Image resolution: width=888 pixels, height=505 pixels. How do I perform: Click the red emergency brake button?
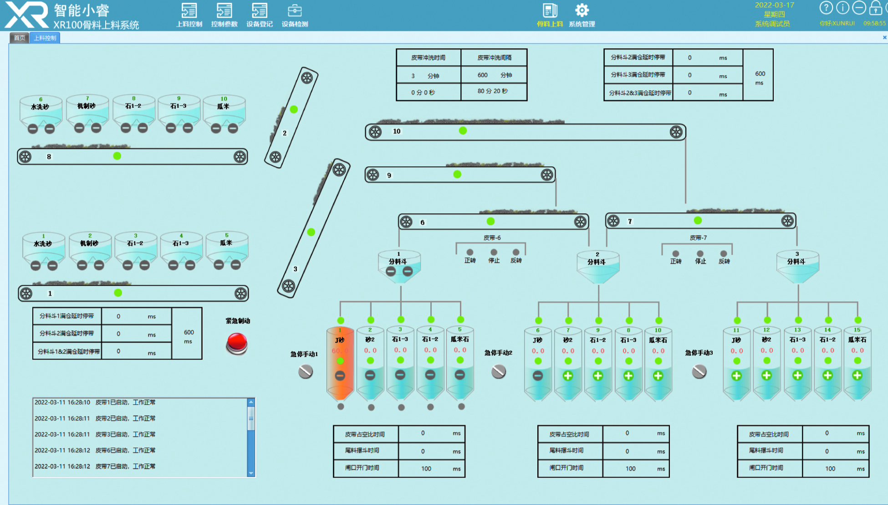pos(237,343)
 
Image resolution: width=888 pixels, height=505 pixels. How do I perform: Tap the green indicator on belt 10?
pos(463,131)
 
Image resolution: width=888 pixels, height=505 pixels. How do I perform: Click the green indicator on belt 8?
pos(117,156)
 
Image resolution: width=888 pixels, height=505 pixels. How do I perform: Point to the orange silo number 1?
pos(340,362)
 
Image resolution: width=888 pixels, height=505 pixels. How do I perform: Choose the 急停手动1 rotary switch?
pos(306,371)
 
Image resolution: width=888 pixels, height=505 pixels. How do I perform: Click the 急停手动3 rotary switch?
pos(699,371)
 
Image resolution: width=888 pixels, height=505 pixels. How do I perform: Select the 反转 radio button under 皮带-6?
pos(516,252)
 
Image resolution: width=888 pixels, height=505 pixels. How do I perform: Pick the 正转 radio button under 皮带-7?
pos(675,253)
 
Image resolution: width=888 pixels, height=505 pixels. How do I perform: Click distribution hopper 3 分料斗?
pos(797,267)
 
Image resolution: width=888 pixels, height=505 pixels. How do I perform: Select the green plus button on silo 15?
pos(857,376)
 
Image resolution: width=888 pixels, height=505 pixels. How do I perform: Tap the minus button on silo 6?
pos(538,376)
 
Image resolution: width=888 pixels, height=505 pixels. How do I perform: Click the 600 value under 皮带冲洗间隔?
pos(483,75)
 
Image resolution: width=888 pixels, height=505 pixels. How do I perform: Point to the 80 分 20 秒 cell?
pos(493,91)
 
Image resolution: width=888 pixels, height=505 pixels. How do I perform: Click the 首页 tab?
pos(20,38)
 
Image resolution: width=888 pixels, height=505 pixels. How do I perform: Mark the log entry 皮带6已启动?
pos(125,450)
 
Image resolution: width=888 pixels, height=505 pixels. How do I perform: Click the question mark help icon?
pos(826,8)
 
